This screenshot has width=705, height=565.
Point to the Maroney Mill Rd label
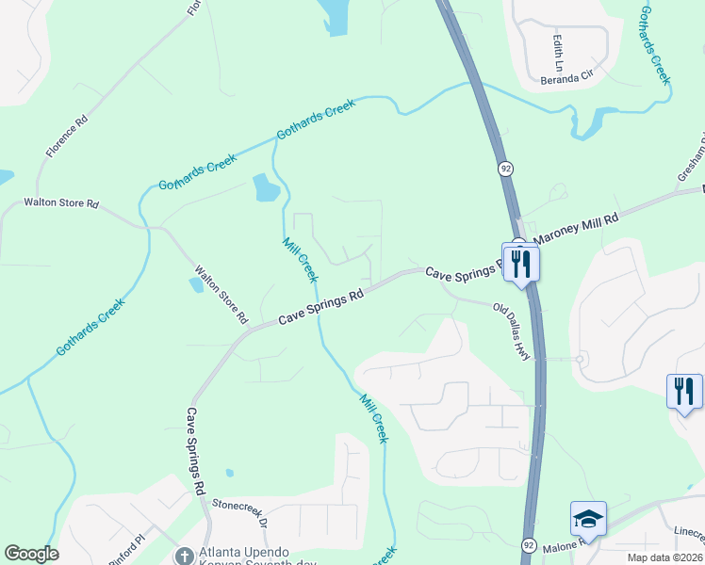point(576,229)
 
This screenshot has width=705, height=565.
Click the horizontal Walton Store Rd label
point(61,202)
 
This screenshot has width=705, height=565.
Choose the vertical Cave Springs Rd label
point(195,452)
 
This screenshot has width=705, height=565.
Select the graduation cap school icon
point(588,519)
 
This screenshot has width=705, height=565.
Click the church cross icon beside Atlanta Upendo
point(185,554)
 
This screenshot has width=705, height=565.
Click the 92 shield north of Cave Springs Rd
point(506,169)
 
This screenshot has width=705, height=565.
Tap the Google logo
point(31,554)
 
